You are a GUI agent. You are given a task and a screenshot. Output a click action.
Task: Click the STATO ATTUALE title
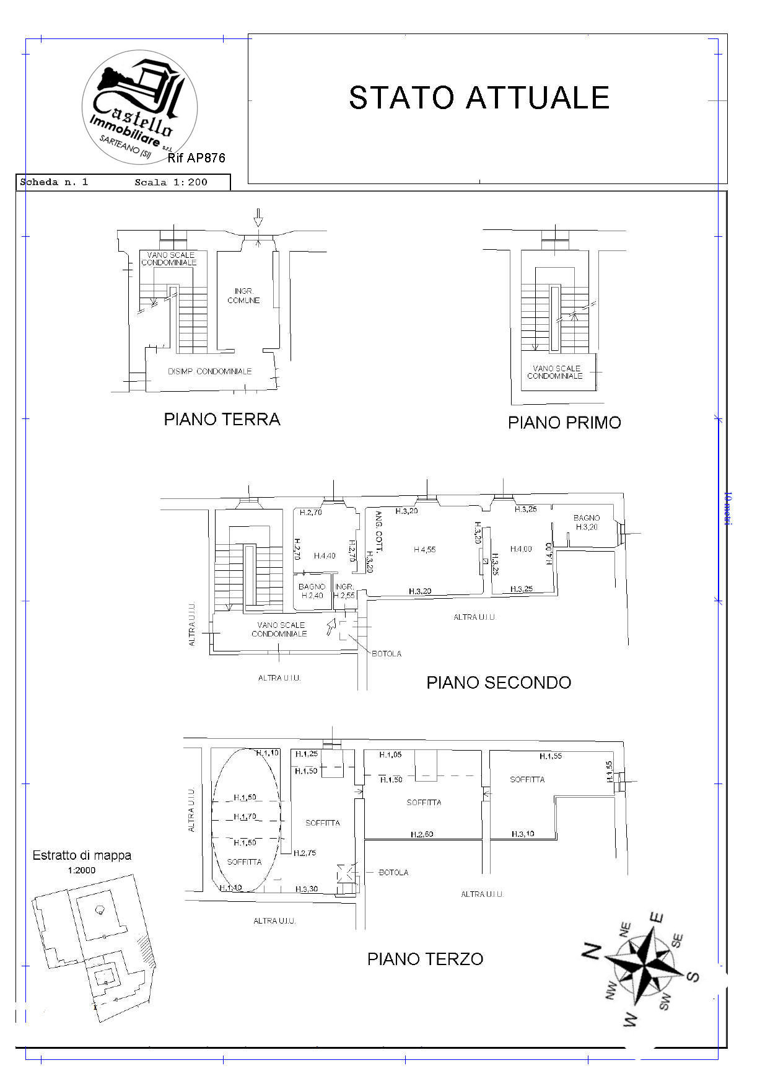pyautogui.click(x=479, y=98)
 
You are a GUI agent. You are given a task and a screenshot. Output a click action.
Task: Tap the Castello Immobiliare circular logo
pyautogui.click(x=139, y=107)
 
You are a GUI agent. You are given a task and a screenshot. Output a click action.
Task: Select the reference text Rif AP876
pyautogui.click(x=196, y=158)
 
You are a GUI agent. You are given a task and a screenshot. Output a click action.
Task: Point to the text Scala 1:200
pyautogui.click(x=171, y=182)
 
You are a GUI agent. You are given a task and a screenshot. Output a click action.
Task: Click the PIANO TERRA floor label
pyautogui.click(x=222, y=420)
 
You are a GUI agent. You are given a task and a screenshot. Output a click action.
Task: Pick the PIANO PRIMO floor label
pyautogui.click(x=564, y=423)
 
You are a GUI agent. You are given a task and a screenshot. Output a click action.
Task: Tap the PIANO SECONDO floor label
pyautogui.click(x=499, y=682)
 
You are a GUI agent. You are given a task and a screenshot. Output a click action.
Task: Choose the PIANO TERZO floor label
pyautogui.click(x=425, y=959)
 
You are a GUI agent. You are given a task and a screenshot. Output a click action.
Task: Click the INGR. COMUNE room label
pyautogui.click(x=243, y=296)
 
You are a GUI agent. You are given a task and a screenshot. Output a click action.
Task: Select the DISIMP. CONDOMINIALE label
pyautogui.click(x=210, y=371)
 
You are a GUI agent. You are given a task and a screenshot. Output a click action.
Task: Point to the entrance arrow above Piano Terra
pyautogui.click(x=258, y=218)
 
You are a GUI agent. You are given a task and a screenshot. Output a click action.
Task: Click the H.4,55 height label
pyautogui.click(x=424, y=549)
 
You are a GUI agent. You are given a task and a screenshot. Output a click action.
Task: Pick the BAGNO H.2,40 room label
pyautogui.click(x=312, y=591)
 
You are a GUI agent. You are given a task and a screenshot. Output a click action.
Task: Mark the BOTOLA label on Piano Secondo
pyautogui.click(x=387, y=653)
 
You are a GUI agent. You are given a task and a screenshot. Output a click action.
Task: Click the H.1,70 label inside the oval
pyautogui.click(x=245, y=817)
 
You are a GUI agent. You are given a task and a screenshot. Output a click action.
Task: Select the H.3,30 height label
pyautogui.click(x=307, y=889)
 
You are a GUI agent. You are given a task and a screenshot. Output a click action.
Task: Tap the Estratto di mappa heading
pyautogui.click(x=82, y=855)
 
